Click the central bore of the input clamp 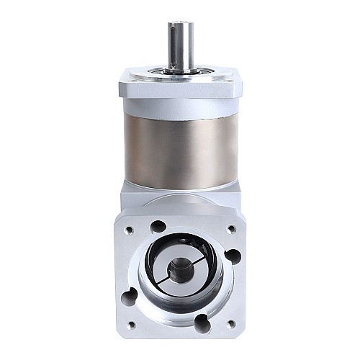pos(177,275)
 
